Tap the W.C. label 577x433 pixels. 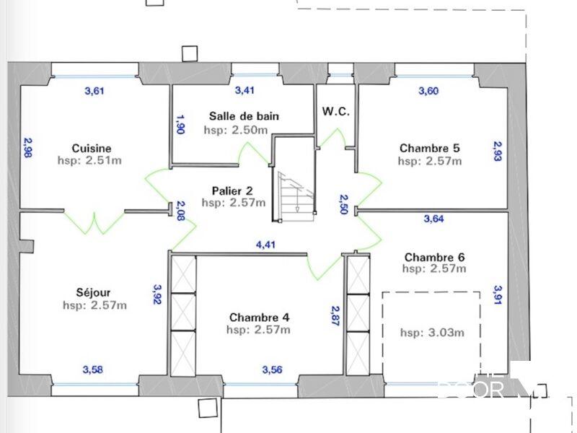click(x=336, y=112)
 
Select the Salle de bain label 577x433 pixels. click(x=244, y=115)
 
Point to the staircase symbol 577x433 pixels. click(x=294, y=191)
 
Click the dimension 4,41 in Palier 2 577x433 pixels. click(x=265, y=245)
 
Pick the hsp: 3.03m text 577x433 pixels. click(x=431, y=333)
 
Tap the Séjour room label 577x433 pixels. click(x=94, y=293)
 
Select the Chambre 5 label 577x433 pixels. click(x=430, y=149)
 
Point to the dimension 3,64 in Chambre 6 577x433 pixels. click(x=433, y=219)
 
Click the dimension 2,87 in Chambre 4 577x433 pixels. click(x=335, y=317)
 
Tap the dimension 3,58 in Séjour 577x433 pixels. click(x=92, y=370)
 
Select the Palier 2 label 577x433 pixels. click(x=232, y=191)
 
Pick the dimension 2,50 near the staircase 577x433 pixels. click(x=344, y=205)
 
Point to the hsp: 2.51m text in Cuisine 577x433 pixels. click(x=89, y=160)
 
